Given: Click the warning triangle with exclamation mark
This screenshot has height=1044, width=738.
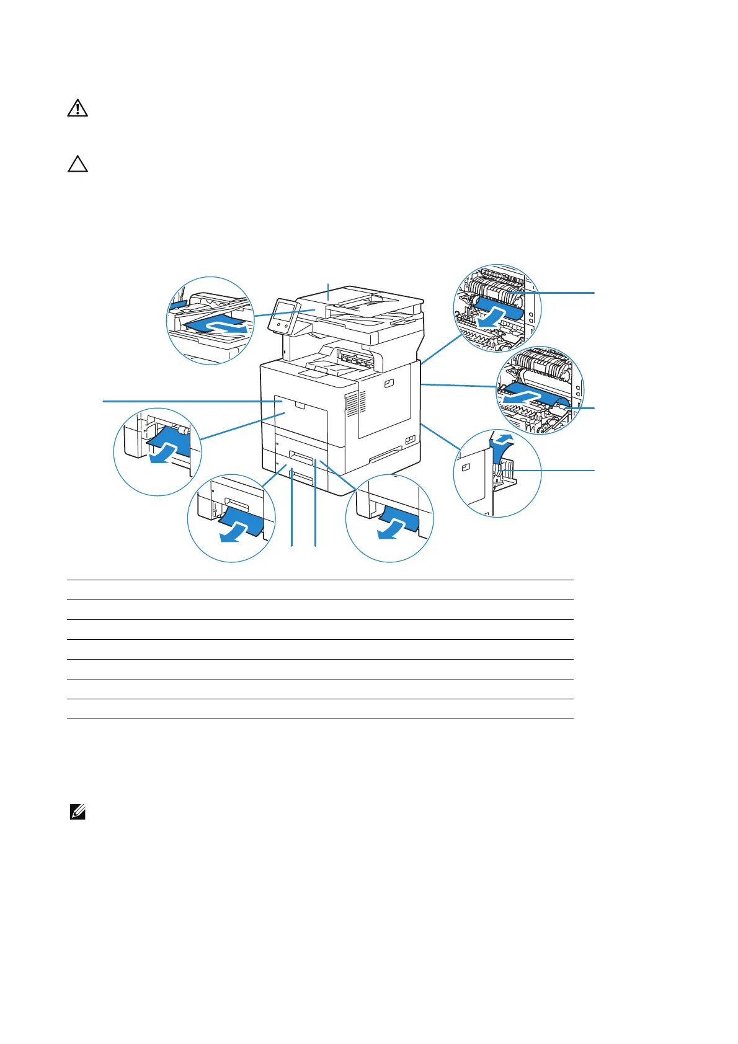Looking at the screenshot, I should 78,108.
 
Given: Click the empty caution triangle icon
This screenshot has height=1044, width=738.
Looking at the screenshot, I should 78,164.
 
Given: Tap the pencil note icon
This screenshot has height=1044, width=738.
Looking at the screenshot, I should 78,812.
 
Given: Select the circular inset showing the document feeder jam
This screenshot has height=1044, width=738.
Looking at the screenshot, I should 211,320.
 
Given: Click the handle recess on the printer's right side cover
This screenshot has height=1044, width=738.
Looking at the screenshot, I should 389,384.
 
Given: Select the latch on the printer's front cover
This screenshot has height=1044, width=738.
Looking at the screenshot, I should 301,405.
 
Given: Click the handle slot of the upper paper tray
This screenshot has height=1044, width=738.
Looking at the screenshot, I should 301,458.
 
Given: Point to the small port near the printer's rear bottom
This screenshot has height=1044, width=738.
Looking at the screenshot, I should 410,440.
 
